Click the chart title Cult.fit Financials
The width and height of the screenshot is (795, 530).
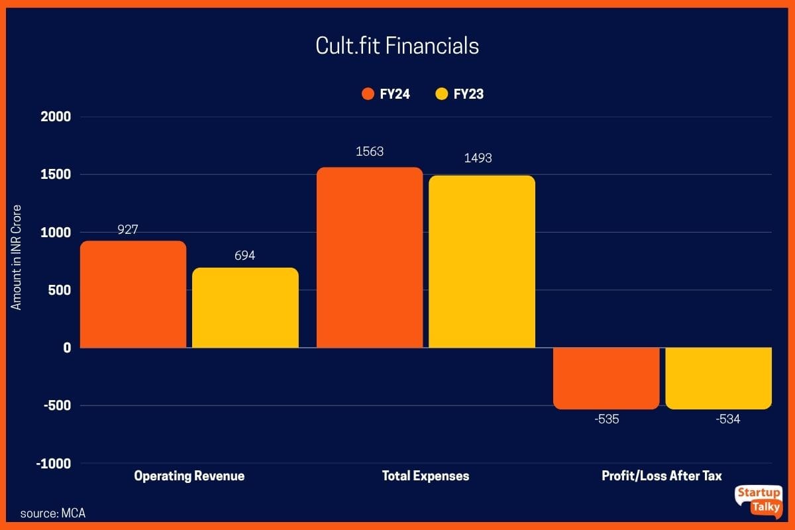(397, 46)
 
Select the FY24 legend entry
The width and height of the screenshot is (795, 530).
(386, 94)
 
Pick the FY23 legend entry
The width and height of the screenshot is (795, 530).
(460, 94)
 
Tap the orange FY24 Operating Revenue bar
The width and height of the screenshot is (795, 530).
(133, 295)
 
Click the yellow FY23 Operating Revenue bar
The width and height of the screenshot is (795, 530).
(245, 308)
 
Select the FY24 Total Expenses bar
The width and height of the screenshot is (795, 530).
(370, 258)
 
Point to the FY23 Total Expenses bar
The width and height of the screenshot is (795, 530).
(482, 262)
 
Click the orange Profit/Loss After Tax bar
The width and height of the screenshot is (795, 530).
(606, 378)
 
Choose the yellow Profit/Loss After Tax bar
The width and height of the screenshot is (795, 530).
(719, 378)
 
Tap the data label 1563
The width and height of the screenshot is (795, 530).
(370, 152)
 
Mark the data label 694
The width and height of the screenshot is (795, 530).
(245, 255)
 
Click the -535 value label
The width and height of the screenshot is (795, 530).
(606, 419)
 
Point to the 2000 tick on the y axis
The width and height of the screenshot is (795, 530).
(56, 117)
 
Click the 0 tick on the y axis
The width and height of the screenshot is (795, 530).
(67, 348)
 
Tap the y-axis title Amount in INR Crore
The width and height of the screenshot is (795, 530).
(17, 257)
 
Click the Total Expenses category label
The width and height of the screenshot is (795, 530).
(425, 476)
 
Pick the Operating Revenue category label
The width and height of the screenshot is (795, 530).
(189, 476)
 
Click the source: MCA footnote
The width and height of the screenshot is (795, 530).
(53, 513)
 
